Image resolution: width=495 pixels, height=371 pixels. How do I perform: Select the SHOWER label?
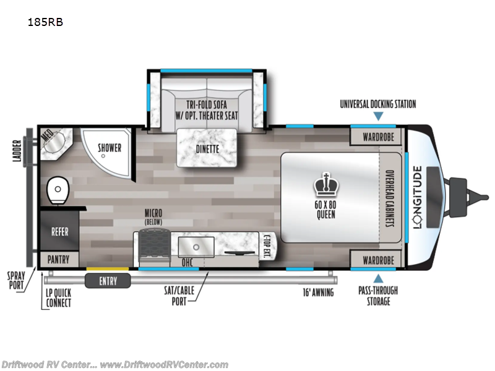[110, 148]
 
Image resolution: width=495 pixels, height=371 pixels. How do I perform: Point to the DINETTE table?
[207, 148]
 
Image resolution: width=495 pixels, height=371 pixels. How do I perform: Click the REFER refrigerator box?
[60, 231]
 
